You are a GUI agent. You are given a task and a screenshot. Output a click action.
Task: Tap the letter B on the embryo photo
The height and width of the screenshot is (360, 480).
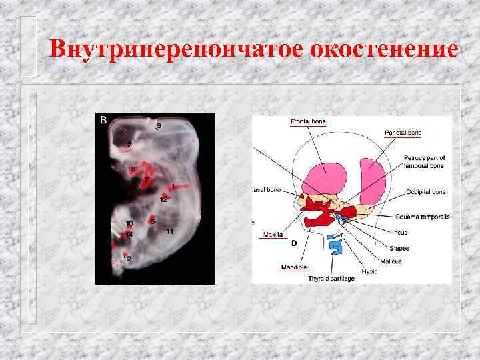[103, 120]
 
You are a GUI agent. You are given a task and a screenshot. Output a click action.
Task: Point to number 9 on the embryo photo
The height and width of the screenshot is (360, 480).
[159, 125]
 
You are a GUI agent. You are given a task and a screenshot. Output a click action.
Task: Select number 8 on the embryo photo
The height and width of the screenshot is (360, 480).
[133, 169]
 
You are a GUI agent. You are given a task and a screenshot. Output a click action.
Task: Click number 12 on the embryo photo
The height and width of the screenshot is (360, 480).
[163, 199]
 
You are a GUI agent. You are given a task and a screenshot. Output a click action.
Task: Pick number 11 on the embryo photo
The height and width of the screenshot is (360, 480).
[170, 231]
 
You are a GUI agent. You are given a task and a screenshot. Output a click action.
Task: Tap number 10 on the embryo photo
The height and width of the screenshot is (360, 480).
[129, 223]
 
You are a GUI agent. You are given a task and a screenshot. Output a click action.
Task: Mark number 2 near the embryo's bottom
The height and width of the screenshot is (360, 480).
[129, 258]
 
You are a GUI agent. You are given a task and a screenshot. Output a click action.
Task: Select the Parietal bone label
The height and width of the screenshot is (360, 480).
[403, 133]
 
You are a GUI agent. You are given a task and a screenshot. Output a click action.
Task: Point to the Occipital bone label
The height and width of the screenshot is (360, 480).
[425, 192]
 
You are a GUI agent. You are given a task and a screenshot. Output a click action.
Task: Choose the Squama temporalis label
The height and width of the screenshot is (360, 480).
[422, 217]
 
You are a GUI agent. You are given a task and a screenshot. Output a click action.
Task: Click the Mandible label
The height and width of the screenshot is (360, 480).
[293, 267]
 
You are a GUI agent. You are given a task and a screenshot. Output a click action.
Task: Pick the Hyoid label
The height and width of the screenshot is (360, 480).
[369, 271]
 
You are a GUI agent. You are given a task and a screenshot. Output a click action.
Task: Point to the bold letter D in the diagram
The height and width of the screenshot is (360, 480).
[293, 243]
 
